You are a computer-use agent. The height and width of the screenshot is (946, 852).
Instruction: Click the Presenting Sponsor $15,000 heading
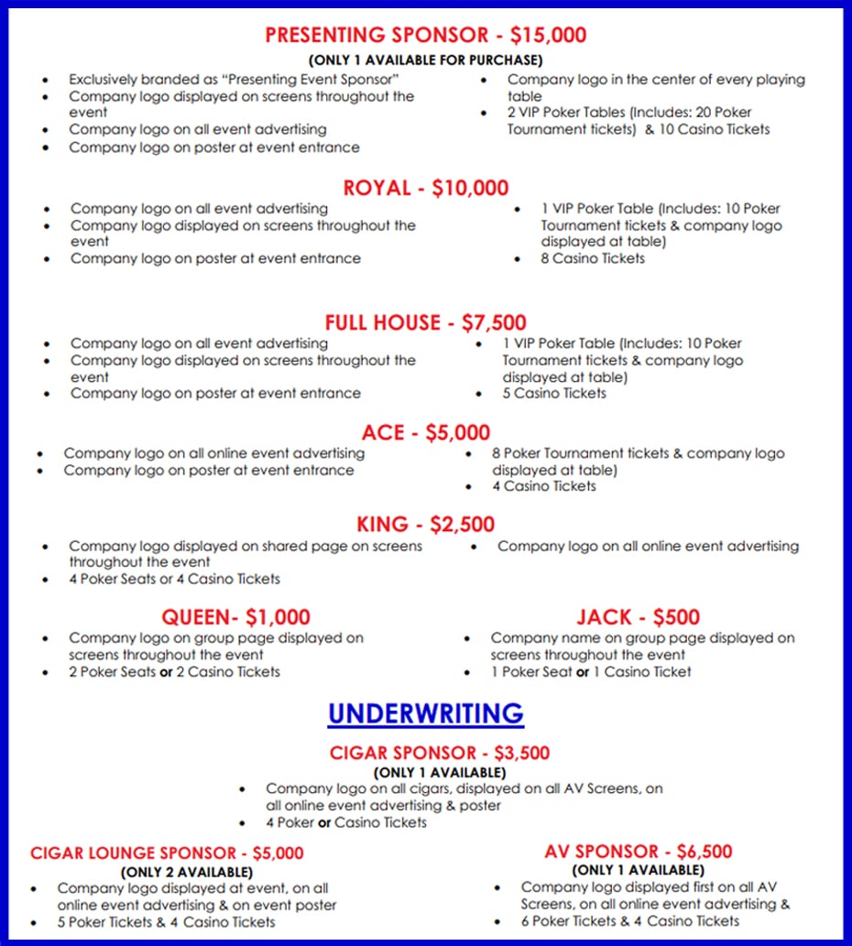425,36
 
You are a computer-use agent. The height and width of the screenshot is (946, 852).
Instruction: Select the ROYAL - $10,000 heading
425,189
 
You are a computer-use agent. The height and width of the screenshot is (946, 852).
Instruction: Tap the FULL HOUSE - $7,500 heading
425,322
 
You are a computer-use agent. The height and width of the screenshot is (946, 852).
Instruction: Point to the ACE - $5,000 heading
425,432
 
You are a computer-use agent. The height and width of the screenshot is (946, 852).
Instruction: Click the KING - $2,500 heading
425,525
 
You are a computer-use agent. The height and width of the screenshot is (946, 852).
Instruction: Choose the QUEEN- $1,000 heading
235,617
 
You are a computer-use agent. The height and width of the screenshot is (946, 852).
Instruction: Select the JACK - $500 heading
638,617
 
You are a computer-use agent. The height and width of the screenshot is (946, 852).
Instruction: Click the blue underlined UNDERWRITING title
425,713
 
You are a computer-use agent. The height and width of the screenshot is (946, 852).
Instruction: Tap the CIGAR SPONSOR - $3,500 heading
440,754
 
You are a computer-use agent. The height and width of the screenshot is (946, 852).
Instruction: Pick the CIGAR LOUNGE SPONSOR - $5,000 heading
167,854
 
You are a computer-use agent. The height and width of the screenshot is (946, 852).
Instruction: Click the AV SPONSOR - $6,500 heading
638,852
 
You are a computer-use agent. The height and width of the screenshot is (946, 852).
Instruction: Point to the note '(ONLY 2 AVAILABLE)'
187,872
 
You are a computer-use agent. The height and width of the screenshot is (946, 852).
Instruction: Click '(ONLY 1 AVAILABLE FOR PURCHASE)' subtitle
425,60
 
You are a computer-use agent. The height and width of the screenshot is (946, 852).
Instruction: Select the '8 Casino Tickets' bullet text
593,258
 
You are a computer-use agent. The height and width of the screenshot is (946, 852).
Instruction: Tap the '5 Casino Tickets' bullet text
553,394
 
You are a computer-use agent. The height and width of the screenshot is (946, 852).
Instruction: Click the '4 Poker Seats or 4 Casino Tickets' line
174,579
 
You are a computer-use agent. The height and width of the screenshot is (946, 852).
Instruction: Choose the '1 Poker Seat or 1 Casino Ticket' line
590,671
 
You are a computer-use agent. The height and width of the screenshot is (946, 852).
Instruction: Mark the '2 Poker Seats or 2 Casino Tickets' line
174,671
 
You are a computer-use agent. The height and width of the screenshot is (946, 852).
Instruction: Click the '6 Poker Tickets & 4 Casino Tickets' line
629,920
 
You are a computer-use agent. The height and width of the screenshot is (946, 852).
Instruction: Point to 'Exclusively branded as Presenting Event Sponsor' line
234,80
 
